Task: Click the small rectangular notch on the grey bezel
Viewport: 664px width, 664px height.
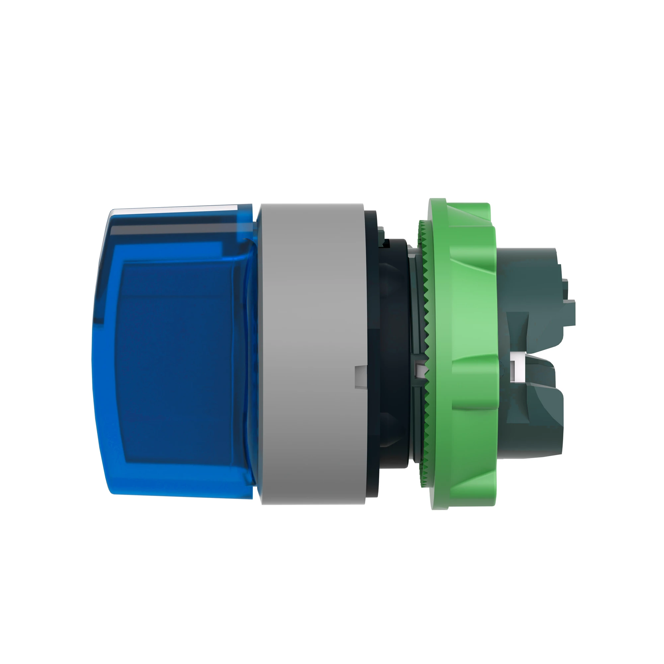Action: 360,377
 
